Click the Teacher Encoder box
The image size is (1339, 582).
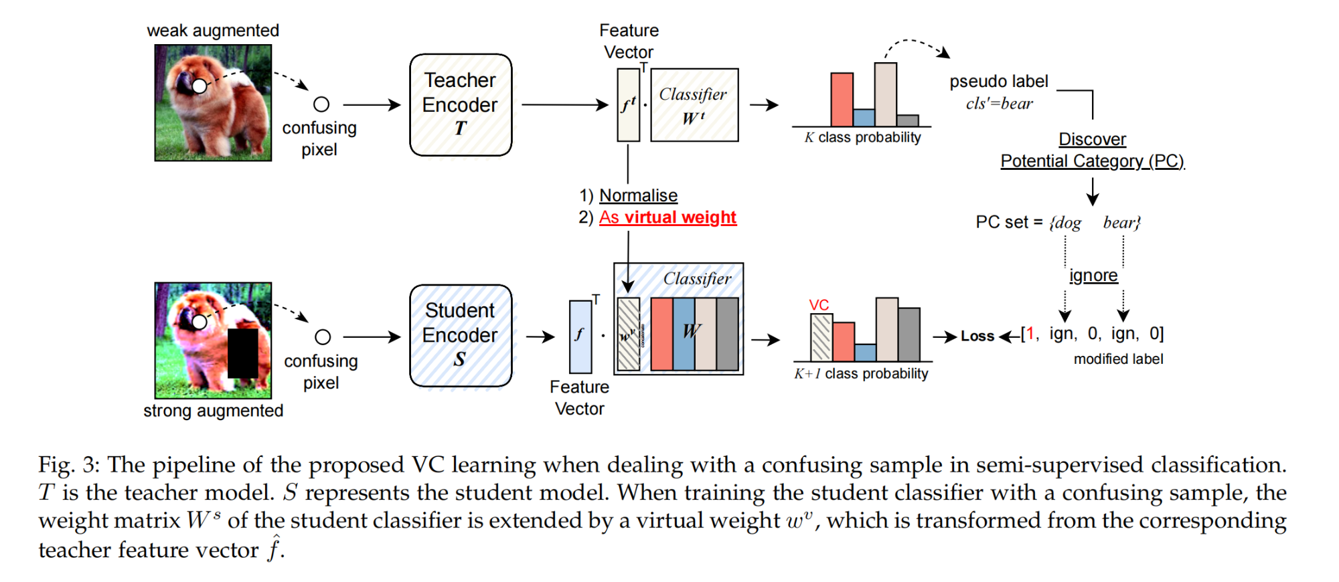(461, 105)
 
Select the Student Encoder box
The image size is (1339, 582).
(461, 336)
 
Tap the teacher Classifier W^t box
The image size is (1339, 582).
(694, 105)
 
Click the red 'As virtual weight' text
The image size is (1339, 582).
(667, 217)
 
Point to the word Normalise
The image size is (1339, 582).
(638, 195)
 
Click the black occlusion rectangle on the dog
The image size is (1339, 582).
(242, 353)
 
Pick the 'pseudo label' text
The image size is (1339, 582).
(998, 82)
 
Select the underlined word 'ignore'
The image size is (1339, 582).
(1093, 276)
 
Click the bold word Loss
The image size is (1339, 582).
(977, 336)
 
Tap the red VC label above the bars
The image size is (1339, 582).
(819, 305)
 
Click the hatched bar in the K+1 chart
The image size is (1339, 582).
(821, 338)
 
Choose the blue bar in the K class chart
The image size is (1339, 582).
(864, 118)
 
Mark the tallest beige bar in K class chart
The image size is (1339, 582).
(885, 94)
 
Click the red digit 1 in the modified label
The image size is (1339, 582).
(1030, 333)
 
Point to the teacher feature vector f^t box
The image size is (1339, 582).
(628, 105)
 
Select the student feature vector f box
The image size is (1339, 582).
(580, 336)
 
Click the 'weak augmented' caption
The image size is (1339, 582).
(213, 31)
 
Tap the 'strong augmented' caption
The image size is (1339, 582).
(213, 411)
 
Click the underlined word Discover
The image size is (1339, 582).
(1092, 139)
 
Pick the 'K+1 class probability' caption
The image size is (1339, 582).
(861, 373)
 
